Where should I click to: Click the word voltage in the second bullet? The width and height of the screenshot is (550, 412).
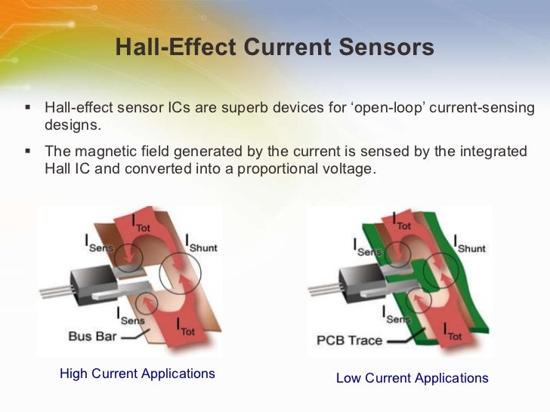[348, 168]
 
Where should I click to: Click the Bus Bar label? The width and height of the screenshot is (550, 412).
[92, 336]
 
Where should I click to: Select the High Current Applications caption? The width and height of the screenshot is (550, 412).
[137, 374]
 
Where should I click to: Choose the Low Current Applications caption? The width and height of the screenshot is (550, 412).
[412, 378]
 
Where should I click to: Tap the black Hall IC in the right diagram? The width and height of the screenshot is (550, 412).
[361, 281]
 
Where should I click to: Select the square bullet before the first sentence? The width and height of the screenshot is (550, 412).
[28, 107]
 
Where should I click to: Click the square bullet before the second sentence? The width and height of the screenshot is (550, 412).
[28, 150]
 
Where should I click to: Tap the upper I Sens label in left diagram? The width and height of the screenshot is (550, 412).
[96, 243]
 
